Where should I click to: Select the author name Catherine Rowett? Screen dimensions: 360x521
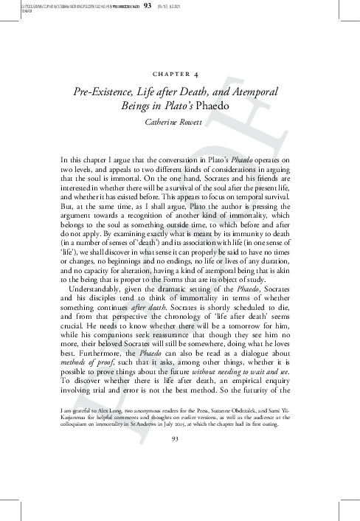click(x=180, y=123)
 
